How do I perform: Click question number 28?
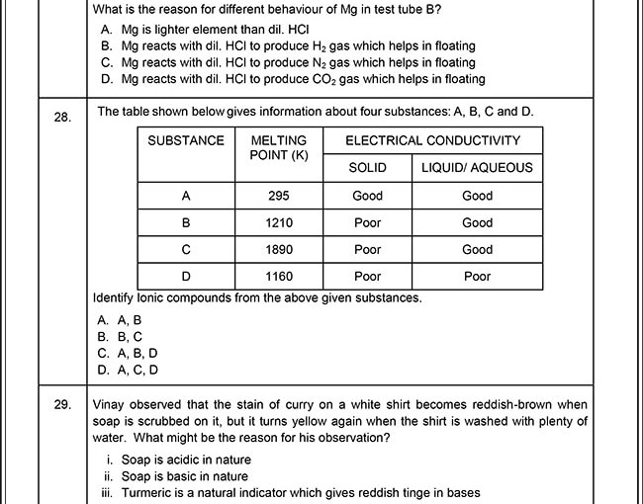coord(62,118)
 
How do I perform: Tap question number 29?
coord(62,404)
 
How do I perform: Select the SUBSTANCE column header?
coord(186,140)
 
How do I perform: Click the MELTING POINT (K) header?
coord(279,148)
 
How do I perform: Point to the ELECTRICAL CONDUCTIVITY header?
coord(432,140)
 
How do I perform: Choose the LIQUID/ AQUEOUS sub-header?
coord(477,168)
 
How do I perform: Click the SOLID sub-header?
coord(367,168)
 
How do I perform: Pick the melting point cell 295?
coord(279,196)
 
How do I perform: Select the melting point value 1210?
coord(279,222)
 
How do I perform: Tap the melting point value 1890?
coord(279,249)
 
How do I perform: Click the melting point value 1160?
coord(279,276)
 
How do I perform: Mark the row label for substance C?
coord(186,249)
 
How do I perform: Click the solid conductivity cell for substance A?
coord(367,196)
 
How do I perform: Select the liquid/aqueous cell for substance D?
coord(477,276)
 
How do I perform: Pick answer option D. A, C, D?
coord(128,371)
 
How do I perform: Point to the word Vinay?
coord(111,404)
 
